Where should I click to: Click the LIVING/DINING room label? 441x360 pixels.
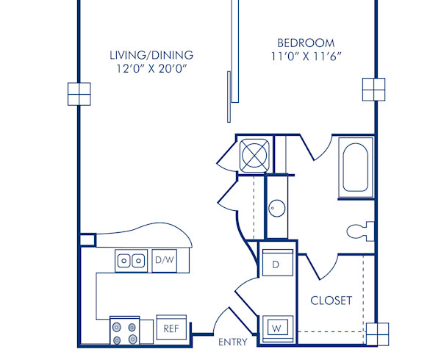click(x=151, y=55)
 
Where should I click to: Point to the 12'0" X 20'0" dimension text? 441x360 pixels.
click(x=151, y=70)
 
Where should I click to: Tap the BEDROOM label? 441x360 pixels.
click(x=306, y=43)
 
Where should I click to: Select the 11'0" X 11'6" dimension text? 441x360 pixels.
click(x=306, y=57)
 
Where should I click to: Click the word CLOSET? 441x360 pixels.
click(x=331, y=300)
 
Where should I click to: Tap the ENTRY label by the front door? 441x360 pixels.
click(x=232, y=342)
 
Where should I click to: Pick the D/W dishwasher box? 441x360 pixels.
click(x=164, y=259)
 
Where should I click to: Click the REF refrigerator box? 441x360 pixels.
click(x=171, y=328)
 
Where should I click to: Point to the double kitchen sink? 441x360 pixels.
click(x=131, y=260)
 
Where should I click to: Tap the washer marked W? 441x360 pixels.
click(x=276, y=325)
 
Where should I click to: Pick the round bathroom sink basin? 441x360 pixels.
click(x=276, y=208)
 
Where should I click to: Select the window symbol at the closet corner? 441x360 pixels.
click(x=377, y=334)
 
